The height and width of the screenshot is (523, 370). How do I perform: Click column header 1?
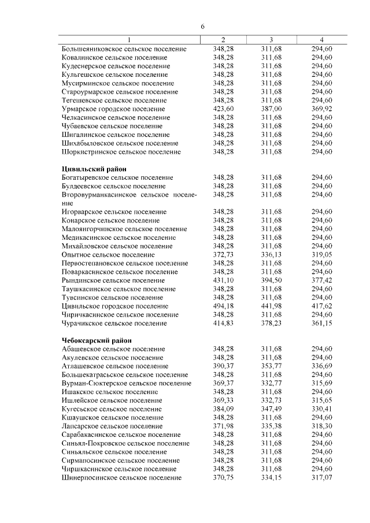[129, 39]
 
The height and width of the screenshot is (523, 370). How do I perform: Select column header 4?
[321, 39]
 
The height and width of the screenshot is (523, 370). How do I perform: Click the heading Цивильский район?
[94, 169]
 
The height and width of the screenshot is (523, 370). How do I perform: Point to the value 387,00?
[271, 109]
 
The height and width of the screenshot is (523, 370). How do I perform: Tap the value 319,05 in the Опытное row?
[321, 254]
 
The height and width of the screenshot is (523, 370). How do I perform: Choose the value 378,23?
[271, 323]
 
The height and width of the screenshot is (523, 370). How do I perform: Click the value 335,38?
[271, 426]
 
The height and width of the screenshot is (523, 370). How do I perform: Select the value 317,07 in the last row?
[321, 477]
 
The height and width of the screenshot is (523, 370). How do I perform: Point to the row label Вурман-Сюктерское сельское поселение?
[126, 383]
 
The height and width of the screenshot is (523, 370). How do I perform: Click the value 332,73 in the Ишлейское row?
[271, 400]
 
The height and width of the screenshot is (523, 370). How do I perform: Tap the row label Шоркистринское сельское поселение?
[121, 151]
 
